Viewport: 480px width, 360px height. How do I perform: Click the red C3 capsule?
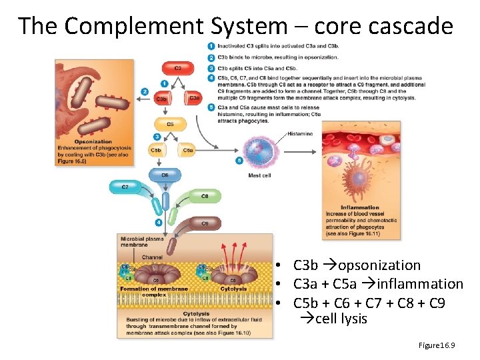tap(177, 68)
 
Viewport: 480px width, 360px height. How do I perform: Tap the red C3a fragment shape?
tap(193, 97)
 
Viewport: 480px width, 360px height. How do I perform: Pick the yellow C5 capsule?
tap(169, 124)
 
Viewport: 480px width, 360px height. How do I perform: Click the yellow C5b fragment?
tap(157, 151)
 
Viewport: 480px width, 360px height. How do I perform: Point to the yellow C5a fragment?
tap(187, 151)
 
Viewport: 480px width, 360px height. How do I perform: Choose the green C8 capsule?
tap(204, 196)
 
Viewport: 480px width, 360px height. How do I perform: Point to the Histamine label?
tap(299, 134)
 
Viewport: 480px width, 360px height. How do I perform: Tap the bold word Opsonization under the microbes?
tap(93, 141)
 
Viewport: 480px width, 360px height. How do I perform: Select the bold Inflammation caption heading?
tap(359, 207)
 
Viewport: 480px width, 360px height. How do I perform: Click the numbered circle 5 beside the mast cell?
tap(240, 161)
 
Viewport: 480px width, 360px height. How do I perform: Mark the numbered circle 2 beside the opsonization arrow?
tap(145, 91)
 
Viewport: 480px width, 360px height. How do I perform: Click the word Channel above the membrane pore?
tap(152, 257)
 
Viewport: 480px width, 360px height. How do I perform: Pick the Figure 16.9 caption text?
tap(436, 345)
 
